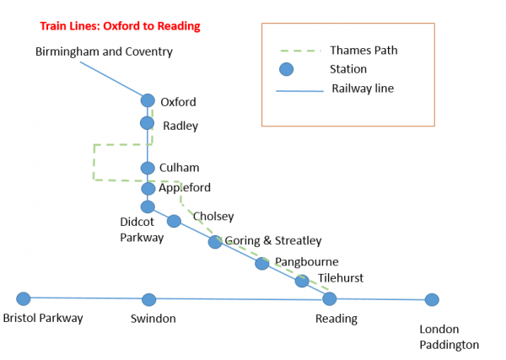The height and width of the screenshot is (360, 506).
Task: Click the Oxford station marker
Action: pos(148,101)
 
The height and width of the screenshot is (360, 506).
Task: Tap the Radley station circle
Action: pos(148,123)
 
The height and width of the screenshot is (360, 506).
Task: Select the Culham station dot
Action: pos(148,168)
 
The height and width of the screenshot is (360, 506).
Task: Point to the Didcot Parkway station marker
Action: pos(148,207)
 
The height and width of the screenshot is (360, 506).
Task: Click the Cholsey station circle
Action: pos(174,221)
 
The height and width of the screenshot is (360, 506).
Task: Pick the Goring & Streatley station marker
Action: pos(215,242)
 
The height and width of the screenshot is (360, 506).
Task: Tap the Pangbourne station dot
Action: pos(261,263)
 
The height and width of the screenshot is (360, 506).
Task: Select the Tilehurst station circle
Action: pos(302,281)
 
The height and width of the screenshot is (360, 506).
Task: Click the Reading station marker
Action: pos(330,298)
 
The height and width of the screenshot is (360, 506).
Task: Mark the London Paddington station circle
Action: pos(432,299)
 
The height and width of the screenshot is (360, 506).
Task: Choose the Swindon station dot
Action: pos(149,299)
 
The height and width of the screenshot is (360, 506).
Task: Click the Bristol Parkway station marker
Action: pos(24,298)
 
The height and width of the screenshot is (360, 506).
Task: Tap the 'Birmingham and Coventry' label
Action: pos(104,51)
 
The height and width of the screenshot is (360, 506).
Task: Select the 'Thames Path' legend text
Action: pos(363,50)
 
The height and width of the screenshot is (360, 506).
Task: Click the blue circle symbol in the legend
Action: pos(286,69)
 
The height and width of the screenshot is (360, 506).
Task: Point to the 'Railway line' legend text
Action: pos(363,88)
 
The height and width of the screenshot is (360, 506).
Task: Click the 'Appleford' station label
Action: pos(185,187)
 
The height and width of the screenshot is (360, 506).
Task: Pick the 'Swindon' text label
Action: pos(153,319)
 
